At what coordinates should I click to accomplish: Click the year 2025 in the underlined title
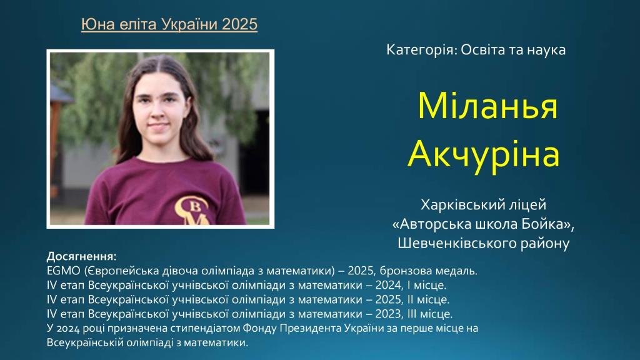(x=239, y=24)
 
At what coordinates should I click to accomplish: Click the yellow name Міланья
(x=487, y=106)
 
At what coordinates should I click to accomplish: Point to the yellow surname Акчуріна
(x=483, y=154)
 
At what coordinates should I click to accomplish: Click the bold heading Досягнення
(x=82, y=256)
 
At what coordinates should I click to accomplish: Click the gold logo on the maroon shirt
(x=192, y=210)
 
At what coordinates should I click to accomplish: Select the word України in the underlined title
(x=190, y=24)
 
